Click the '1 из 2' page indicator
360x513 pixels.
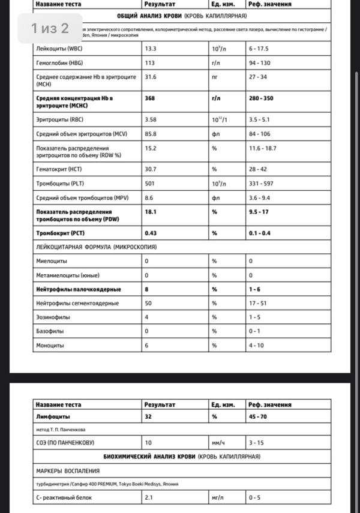tap(50, 28)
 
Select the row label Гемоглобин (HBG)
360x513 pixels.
tap(59, 62)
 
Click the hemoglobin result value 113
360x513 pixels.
tap(149, 62)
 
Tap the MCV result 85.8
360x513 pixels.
tap(150, 134)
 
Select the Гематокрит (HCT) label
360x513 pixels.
tap(59, 169)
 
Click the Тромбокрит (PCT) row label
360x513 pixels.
tap(61, 233)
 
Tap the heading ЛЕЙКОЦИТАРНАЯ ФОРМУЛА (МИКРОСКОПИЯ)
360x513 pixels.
tap(96, 247)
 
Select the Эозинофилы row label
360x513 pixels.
tap(53, 317)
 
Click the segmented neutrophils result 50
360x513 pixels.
tap(148, 303)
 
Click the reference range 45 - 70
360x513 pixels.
tap(259, 416)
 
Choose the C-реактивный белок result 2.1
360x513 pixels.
tap(149, 497)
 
